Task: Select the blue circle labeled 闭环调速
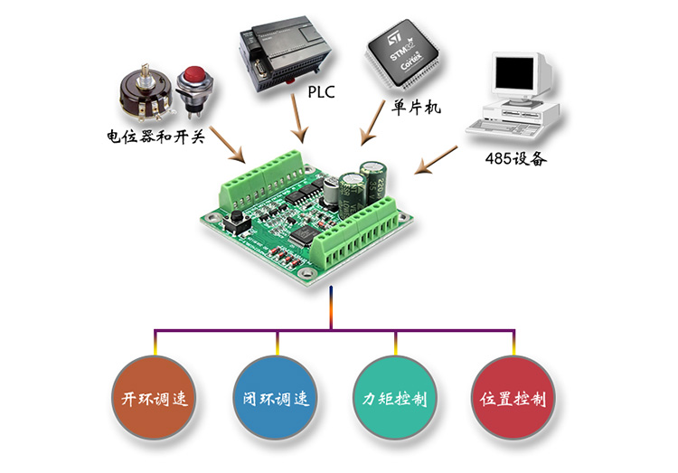tap(278, 398)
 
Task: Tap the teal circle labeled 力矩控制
tap(395, 398)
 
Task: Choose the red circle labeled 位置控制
tap(513, 398)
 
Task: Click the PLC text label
tap(322, 91)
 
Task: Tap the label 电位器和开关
tap(156, 138)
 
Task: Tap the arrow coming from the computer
tap(439, 159)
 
